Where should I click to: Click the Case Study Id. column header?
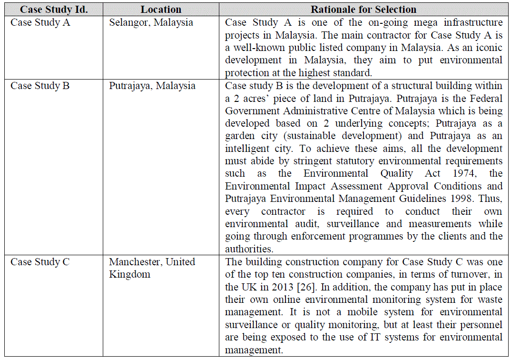54,10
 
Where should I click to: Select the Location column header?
161,10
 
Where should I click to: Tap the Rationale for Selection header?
364,10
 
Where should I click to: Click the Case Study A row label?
40,22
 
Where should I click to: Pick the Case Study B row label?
40,86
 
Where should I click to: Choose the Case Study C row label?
40,262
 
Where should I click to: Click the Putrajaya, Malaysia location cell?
152,86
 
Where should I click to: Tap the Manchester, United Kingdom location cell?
152,268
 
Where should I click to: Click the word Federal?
486,99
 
